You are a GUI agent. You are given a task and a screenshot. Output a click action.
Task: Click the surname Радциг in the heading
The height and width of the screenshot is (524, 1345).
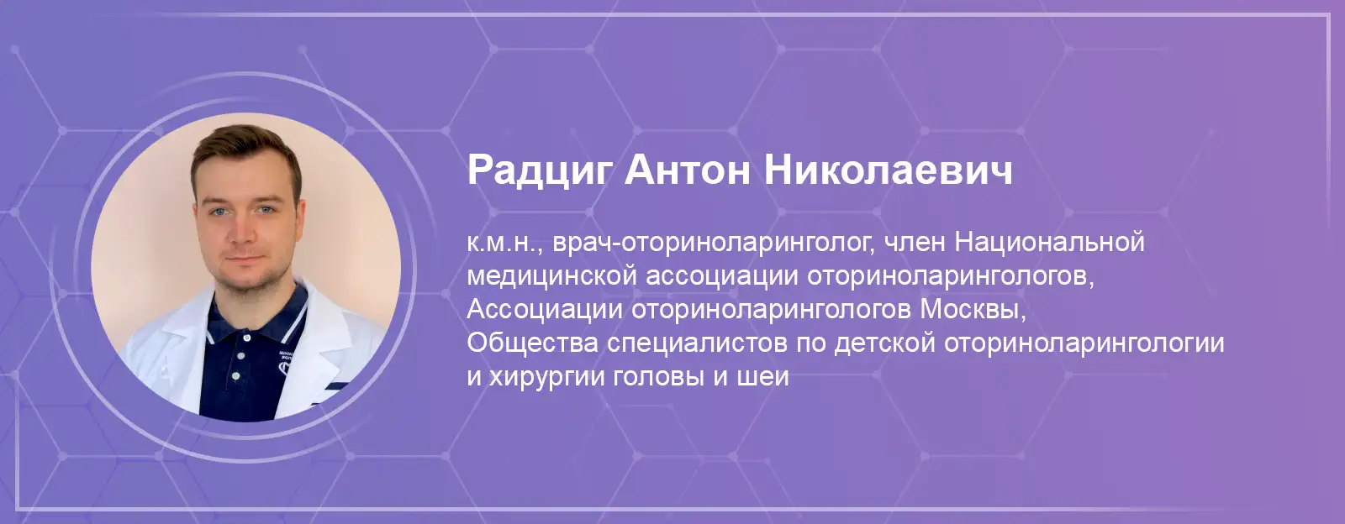point(539,171)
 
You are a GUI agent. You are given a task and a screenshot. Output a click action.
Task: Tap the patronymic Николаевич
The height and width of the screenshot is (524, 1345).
point(889,170)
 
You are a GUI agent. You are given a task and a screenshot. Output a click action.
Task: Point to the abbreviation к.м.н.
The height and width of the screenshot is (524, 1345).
point(504,243)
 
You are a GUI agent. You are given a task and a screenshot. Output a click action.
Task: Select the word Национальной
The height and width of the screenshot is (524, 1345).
point(1049,242)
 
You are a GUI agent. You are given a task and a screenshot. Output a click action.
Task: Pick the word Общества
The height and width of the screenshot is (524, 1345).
point(533,343)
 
